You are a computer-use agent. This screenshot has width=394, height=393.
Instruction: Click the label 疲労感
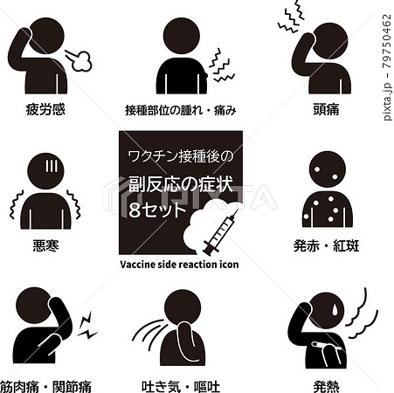pyautogui.click(x=46, y=111)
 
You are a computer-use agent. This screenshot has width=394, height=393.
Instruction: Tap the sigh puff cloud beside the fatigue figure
pyautogui.click(x=79, y=59)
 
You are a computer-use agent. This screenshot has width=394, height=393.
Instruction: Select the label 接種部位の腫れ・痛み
pyautogui.click(x=181, y=111)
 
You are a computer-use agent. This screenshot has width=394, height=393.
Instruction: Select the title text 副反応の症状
pyautogui.click(x=177, y=185)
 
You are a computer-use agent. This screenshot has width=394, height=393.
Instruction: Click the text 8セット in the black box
pyautogui.click(x=157, y=211)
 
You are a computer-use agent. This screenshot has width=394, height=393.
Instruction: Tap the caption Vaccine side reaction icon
pyautogui.click(x=179, y=263)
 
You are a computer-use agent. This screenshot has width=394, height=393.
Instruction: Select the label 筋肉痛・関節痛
pyautogui.click(x=47, y=384)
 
